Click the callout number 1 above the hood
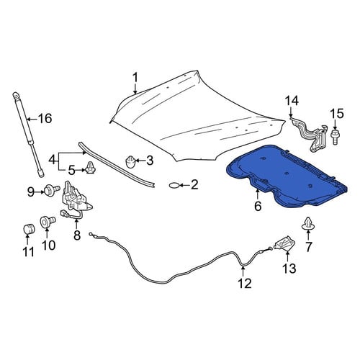135,78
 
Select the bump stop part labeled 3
130,162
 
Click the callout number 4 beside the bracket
53,160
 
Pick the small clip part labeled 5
91,168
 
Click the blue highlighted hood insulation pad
286,176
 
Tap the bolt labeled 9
52,191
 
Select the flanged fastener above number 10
47,221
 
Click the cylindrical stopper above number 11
29,229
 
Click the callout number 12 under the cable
245,283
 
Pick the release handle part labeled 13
285,243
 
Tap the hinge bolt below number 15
335,137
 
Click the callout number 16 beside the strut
45,119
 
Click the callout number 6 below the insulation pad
258,207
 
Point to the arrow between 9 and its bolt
40,192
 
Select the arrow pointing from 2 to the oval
184,185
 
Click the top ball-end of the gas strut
16,96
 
